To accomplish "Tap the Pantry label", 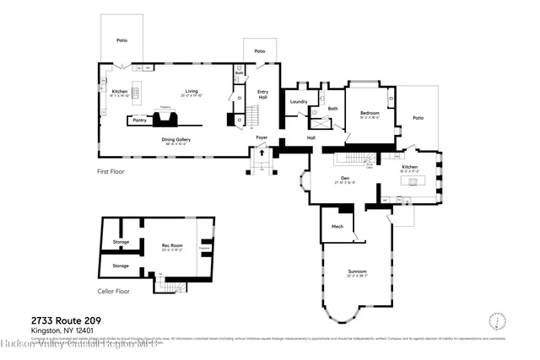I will click(139, 121).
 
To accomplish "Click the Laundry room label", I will click(298, 101).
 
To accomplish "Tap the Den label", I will click(343, 178).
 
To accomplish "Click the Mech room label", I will click(337, 227).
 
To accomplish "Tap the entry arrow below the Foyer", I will click(261, 154).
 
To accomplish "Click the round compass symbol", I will click(498, 321).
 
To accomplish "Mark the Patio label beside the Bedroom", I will click(418, 118).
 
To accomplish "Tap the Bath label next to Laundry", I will click(332, 108).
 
